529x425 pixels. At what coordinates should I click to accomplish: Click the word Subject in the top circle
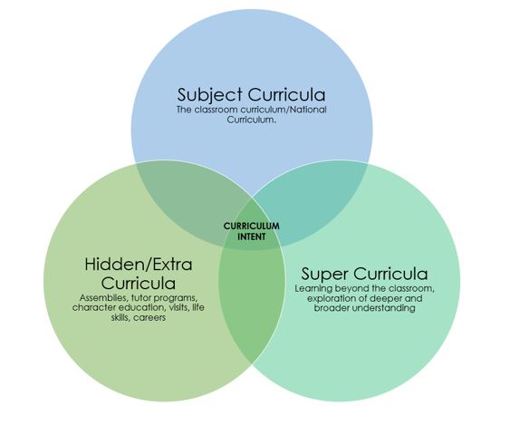(210, 95)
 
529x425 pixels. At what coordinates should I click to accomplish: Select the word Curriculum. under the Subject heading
(251, 120)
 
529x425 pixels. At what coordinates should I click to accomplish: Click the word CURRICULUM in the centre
(251, 227)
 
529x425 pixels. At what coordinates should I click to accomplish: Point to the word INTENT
(251, 237)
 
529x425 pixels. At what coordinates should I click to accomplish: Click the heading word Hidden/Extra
(139, 264)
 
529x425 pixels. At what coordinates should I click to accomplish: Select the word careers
(149, 318)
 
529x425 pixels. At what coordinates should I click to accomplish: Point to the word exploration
(326, 298)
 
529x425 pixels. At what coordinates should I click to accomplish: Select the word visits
(182, 308)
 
